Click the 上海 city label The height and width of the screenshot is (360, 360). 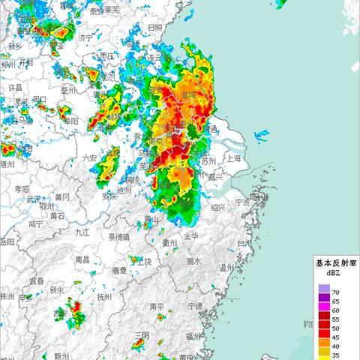[x=233, y=158]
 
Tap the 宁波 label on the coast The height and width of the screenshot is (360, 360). [x=241, y=202]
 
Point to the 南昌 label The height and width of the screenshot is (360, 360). [x=83, y=259]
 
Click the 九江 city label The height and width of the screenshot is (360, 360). [x=82, y=232]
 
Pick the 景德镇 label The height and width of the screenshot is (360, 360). [x=120, y=236]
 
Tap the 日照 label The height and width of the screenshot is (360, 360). [x=154, y=28]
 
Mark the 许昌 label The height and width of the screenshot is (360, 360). [x=14, y=88]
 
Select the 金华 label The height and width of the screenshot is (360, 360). [x=190, y=236]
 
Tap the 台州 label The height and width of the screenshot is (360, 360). [x=244, y=244]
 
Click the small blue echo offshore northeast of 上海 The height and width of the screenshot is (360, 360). [x=262, y=136]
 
